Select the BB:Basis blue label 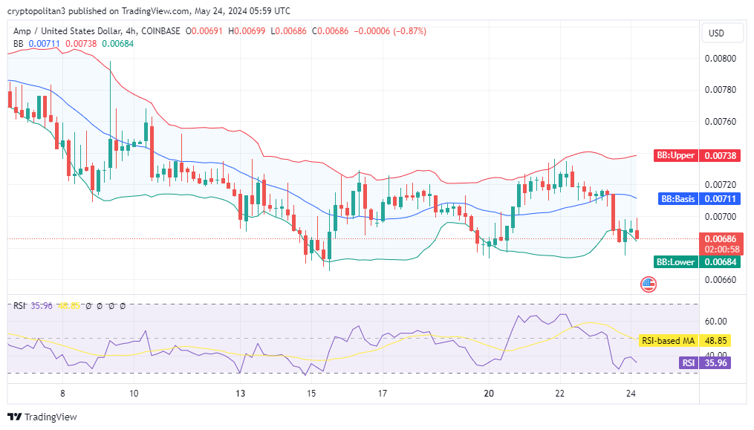(x=677, y=199)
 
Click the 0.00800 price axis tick (x=721, y=59)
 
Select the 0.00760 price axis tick (x=721, y=122)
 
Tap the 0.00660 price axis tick (x=721, y=280)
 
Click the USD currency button (x=717, y=33)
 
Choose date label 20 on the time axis (x=489, y=393)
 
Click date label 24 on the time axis (x=630, y=393)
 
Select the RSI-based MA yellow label (x=668, y=341)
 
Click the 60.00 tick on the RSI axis (x=716, y=322)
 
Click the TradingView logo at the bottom (x=42, y=417)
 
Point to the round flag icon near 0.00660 (x=649, y=284)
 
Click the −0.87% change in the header (x=408, y=31)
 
